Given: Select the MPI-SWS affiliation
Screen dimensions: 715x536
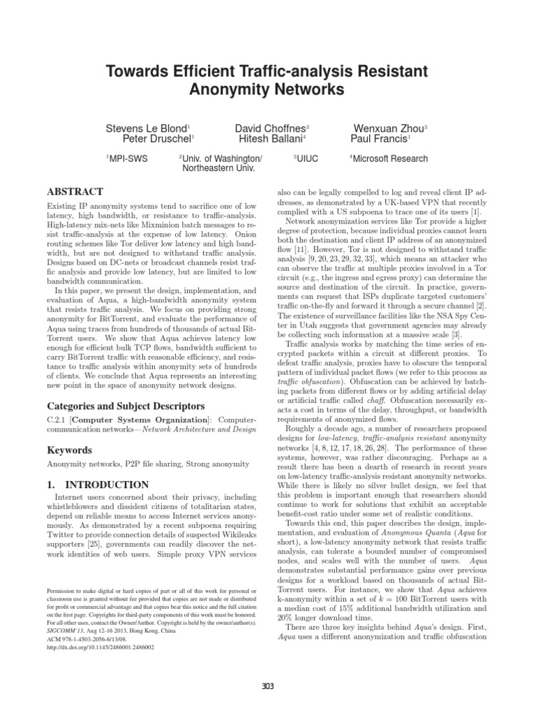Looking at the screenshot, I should [126, 159].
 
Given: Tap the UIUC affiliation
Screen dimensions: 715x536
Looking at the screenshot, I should [306, 159].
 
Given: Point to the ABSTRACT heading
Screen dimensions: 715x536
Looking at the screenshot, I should [75, 191].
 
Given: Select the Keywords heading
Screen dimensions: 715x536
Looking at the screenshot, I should [70, 451].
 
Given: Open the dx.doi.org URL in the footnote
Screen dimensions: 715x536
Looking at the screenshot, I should [100, 647].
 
